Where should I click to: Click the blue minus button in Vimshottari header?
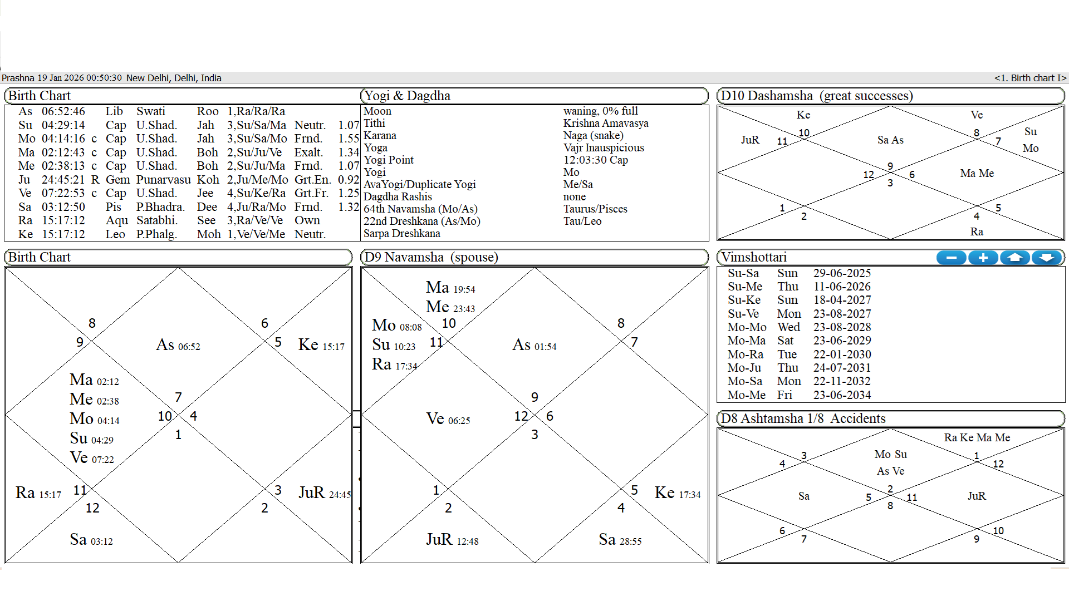point(951,258)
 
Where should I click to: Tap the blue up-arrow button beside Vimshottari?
point(1015,258)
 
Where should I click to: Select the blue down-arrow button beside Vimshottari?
point(1047,258)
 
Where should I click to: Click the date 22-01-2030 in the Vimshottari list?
point(842,354)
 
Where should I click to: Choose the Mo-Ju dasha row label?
point(744,368)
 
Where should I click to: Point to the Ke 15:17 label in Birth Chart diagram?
point(321,345)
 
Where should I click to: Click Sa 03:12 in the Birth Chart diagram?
point(91,540)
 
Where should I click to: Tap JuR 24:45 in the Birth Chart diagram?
point(325,493)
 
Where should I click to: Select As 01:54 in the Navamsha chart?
point(534,345)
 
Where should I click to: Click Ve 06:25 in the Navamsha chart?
point(448,419)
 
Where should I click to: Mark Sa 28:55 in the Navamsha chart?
point(620,540)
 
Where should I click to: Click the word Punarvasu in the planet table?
point(163,180)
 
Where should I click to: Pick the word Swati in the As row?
point(151,111)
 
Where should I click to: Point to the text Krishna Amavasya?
point(606,124)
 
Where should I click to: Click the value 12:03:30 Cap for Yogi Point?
point(595,160)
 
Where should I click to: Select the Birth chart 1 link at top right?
point(1030,78)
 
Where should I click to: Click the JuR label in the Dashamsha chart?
point(750,140)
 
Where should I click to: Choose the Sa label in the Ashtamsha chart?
point(803,496)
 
